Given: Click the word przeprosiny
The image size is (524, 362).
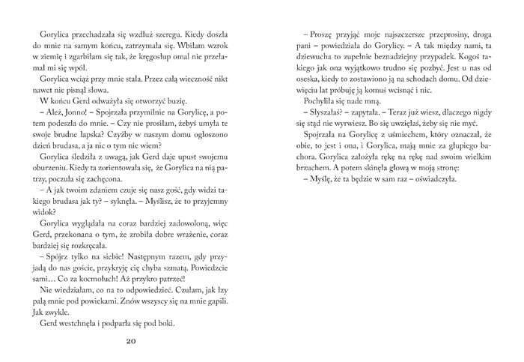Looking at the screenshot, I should click(x=420, y=33).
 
